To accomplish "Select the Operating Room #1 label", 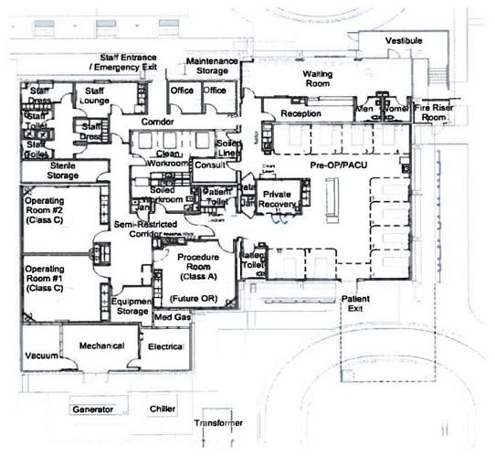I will pyautogui.click(x=42, y=278).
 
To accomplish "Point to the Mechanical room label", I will pyautogui.click(x=100, y=347).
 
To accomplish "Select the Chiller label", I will pyautogui.click(x=163, y=409).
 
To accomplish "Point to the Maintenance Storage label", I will pyautogui.click(x=212, y=66).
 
